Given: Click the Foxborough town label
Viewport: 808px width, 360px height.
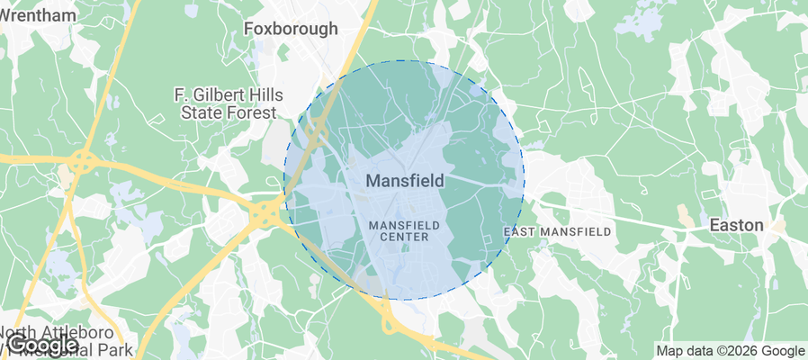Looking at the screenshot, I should tap(292, 29).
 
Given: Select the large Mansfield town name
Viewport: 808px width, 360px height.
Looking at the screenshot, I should tap(405, 181).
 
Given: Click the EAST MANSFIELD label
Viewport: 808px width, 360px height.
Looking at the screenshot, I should tap(557, 231).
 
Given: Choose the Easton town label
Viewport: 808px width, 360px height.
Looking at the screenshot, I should tap(736, 224).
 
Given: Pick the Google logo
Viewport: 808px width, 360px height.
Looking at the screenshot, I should tap(45, 345).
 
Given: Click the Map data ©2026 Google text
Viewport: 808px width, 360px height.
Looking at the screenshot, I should tap(730, 351).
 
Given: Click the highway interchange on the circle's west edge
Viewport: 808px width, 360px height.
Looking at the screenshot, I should tap(269, 212).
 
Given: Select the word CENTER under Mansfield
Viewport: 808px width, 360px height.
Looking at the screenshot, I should tap(405, 237).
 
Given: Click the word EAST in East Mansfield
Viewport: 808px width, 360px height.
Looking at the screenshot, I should tap(520, 231).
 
